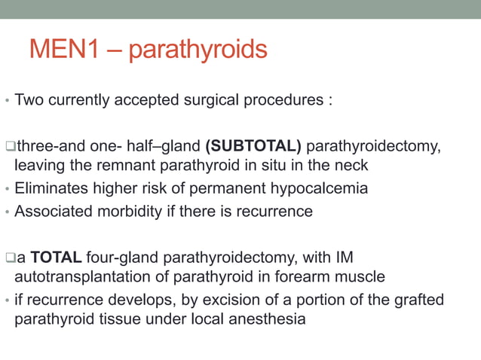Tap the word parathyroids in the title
point(198,51)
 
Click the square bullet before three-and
point(9,145)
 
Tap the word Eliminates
point(50,188)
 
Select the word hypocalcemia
point(323,188)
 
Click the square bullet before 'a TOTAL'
point(9,258)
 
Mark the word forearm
point(292,278)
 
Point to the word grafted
point(419,301)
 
